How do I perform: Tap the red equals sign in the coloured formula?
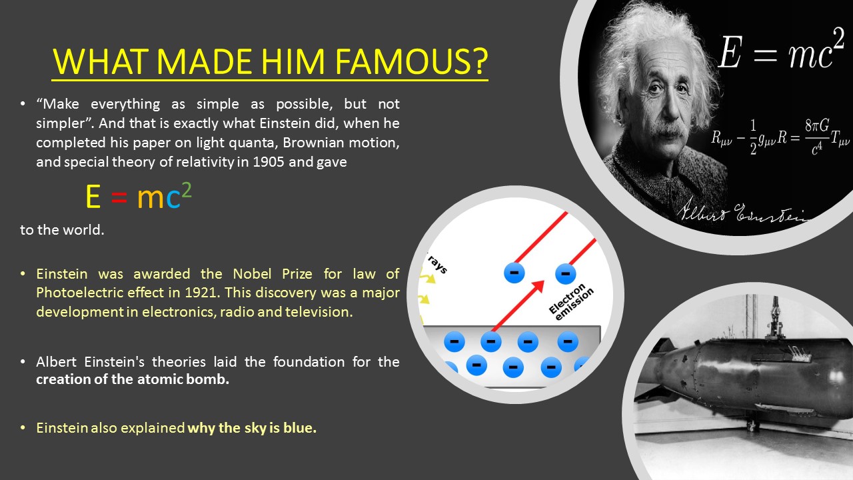(119, 197)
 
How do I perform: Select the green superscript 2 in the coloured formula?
(187, 190)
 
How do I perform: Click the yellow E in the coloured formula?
(93, 197)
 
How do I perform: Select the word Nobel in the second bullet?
(252, 273)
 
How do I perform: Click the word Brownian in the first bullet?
(309, 143)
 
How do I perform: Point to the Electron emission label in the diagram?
(571, 303)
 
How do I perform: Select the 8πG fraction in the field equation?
(817, 137)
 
